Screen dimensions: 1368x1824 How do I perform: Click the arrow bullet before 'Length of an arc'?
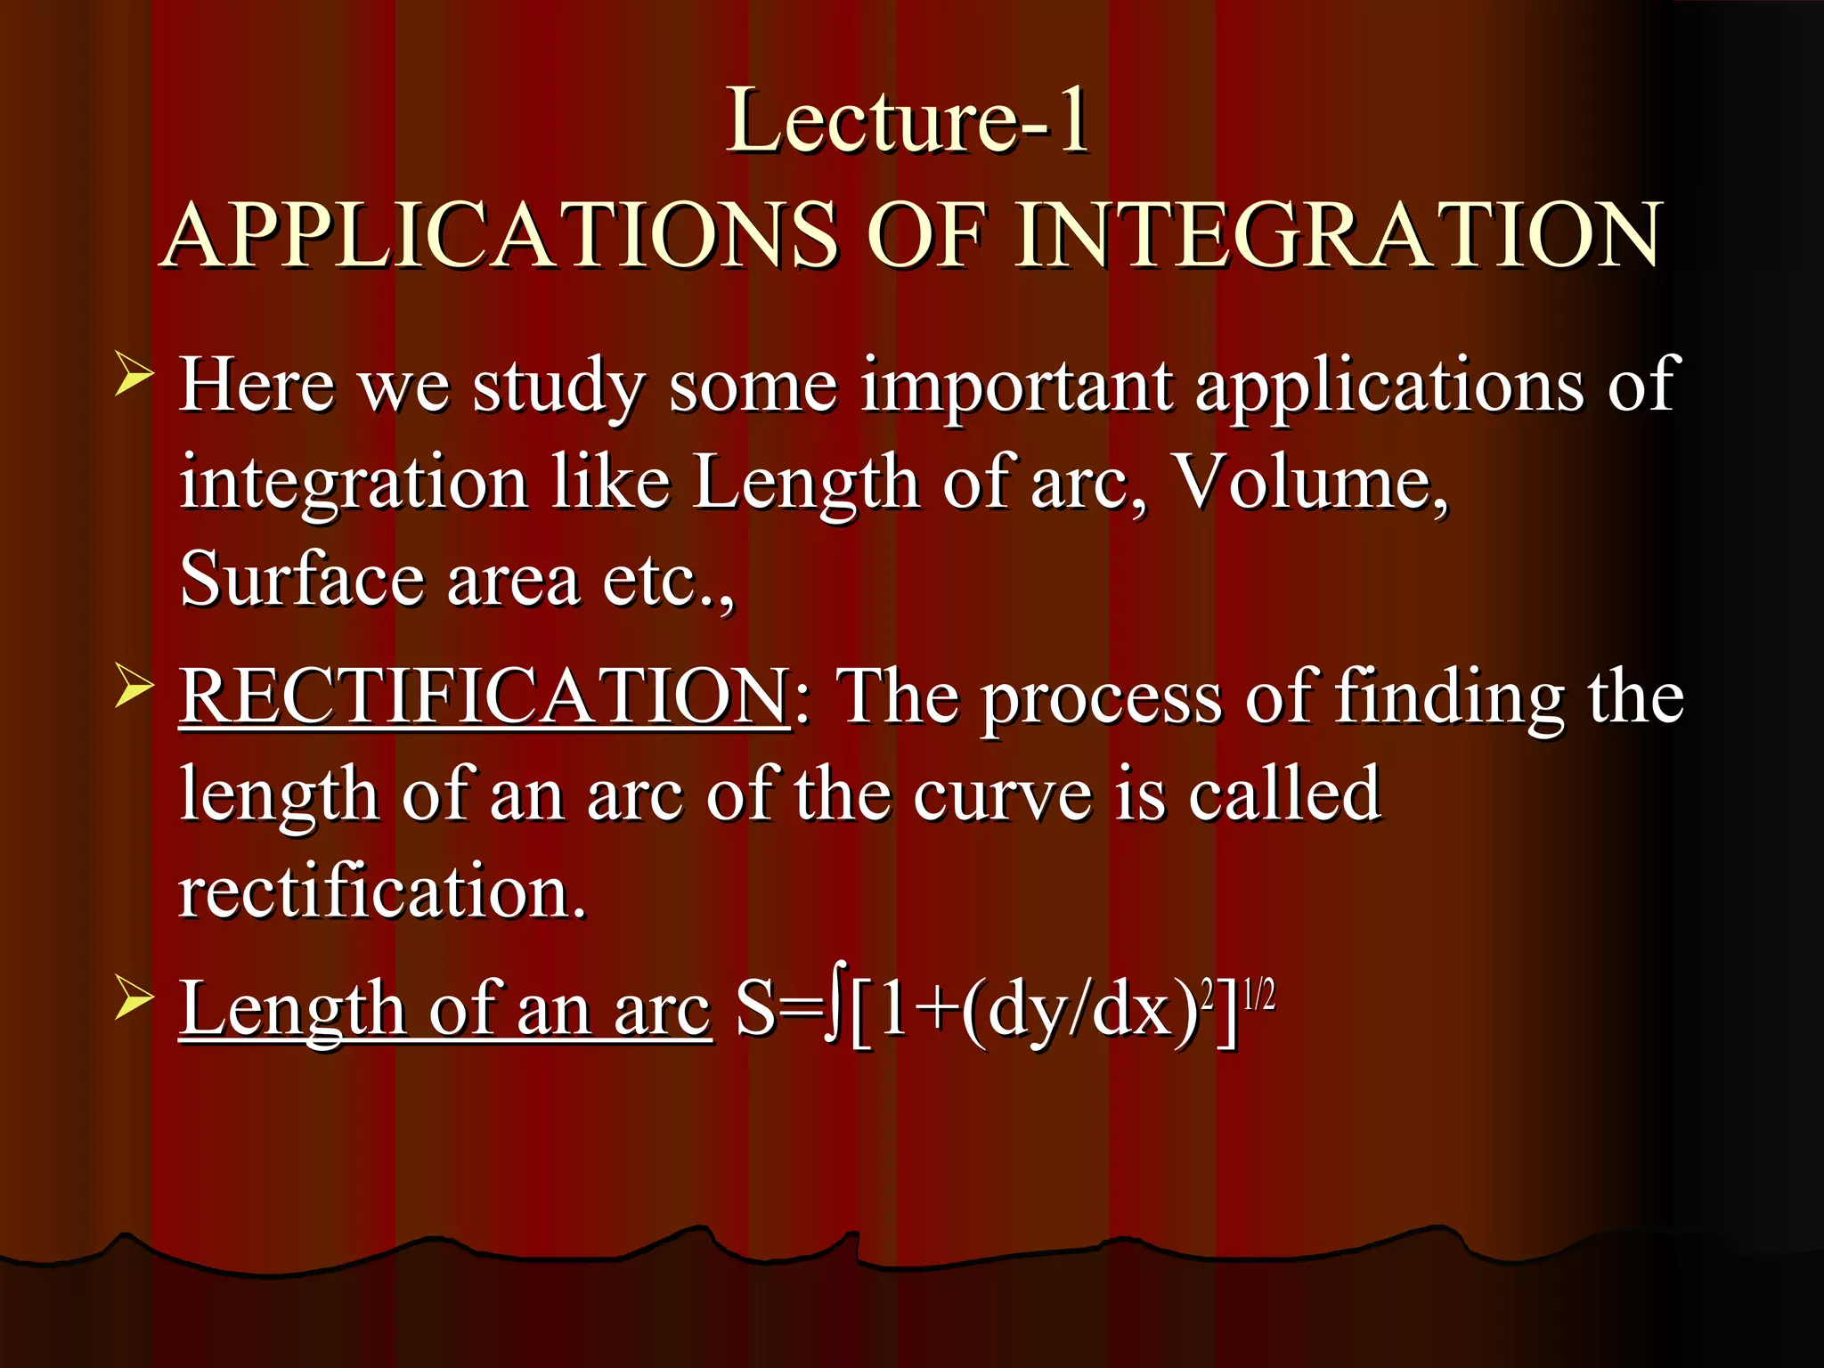pyautogui.click(x=134, y=999)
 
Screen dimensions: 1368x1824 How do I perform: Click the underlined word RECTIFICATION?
pyautogui.click(x=484, y=696)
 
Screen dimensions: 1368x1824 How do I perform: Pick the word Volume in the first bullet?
pyautogui.click(x=1309, y=482)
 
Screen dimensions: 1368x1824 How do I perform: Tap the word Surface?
pyautogui.click(x=301, y=579)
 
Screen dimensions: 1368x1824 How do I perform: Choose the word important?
pyautogui.click(x=1016, y=386)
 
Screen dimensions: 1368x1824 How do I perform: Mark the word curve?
pyautogui.click(x=1002, y=794)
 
